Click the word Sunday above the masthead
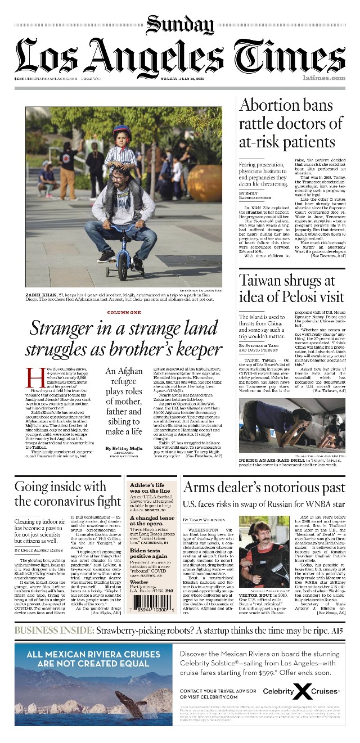pyautogui.click(x=180, y=25)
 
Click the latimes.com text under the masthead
pyautogui.click(x=323, y=78)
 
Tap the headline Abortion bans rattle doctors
pyautogui.click(x=287, y=123)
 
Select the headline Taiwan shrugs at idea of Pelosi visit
pyautogui.click(x=291, y=289)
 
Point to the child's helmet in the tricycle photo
pyautogui.click(x=121, y=134)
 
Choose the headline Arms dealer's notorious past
pyautogui.click(x=264, y=488)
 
